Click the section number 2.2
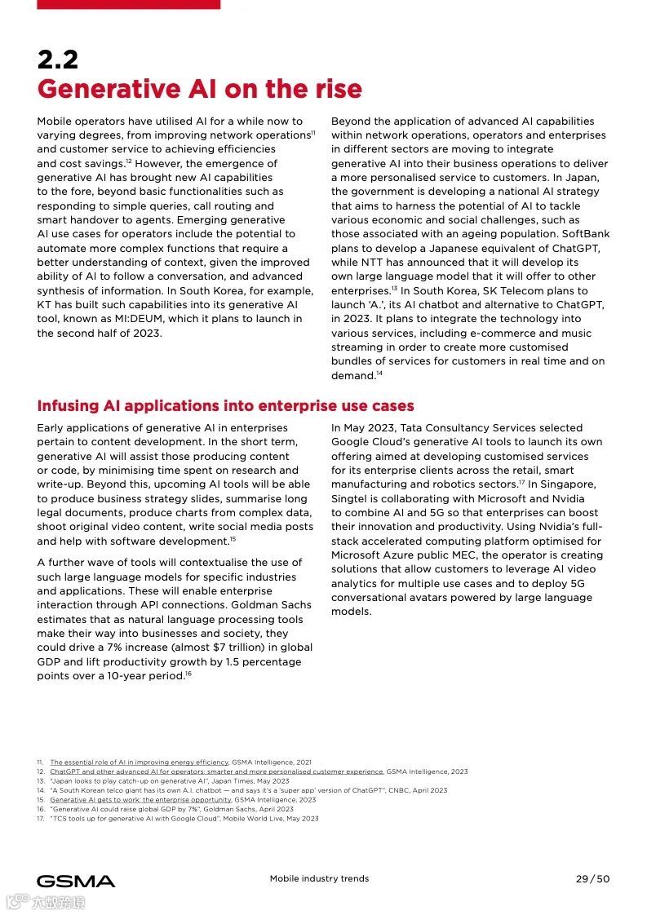click(57, 60)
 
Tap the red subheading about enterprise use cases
click(225, 405)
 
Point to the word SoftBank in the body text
click(584, 234)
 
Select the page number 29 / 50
click(592, 878)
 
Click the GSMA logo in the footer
click(76, 881)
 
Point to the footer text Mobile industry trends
click(319, 878)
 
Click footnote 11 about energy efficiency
click(139, 762)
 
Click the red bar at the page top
click(128, 4)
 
